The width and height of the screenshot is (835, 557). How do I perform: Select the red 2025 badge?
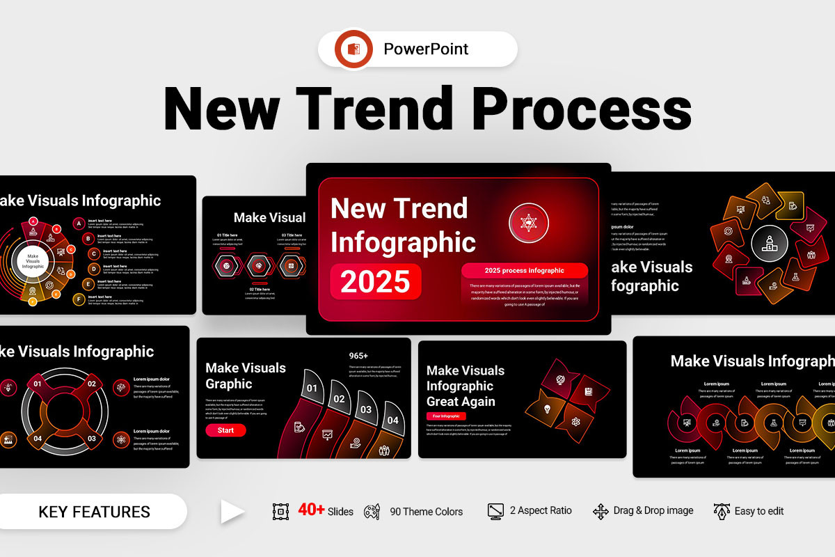pos(376,281)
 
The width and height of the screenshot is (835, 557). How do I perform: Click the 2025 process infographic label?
pos(524,270)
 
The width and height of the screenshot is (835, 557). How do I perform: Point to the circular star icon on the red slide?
pos(528,223)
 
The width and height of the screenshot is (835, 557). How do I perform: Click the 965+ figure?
pos(358,356)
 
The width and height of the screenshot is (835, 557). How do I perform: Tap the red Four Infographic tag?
pos(446,416)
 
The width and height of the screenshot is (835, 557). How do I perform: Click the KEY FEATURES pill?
pos(94,512)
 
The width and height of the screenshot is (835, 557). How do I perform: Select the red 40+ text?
pos(311,510)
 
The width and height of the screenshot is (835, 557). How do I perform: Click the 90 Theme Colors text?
pos(426,512)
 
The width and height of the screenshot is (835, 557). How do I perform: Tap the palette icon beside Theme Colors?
pos(372,512)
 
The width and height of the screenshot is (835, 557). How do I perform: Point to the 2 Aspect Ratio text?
pos(541,510)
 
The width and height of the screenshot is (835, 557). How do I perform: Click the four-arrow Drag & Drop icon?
pos(601,512)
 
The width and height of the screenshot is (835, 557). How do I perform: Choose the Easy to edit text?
pos(759,511)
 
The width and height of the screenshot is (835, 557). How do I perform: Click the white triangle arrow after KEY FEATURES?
pos(232,512)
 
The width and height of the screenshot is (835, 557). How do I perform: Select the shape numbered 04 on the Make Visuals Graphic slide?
pos(393,421)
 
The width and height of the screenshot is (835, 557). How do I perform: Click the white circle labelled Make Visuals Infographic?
pos(33,261)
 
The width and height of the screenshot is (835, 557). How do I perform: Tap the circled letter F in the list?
pos(79,299)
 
